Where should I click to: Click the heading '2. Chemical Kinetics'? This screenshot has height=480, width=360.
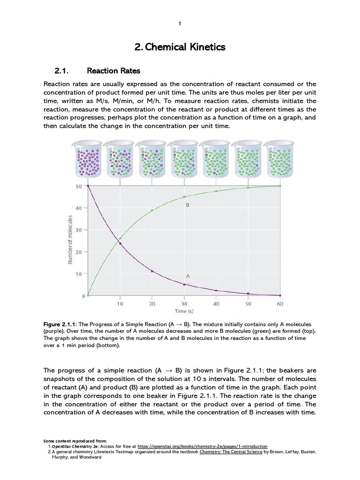coord(180,47)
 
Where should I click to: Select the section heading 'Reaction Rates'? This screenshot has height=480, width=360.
coord(113,71)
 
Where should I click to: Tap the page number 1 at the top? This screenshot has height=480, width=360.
coord(180,24)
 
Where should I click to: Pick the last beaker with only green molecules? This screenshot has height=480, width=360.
coord(280,160)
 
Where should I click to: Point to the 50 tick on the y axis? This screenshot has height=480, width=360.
coord(78,186)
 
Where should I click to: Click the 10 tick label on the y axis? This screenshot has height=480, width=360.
coord(78,274)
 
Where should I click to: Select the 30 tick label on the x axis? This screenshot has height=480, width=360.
coord(184,304)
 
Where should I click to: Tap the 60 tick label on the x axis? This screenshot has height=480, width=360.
coord(280,304)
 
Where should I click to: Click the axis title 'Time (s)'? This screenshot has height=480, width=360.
coord(184,311)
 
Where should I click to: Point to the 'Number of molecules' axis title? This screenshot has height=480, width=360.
coord(70,240)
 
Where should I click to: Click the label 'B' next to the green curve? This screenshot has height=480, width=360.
coord(187,205)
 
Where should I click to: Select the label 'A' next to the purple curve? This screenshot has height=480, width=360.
coord(187,277)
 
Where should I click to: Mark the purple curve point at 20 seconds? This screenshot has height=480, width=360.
coord(152,271)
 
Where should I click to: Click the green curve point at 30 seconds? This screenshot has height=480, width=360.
coord(184,197)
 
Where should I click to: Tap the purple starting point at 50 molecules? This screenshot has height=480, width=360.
coord(88,186)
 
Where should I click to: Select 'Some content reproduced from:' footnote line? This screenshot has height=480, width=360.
coord(75,441)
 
